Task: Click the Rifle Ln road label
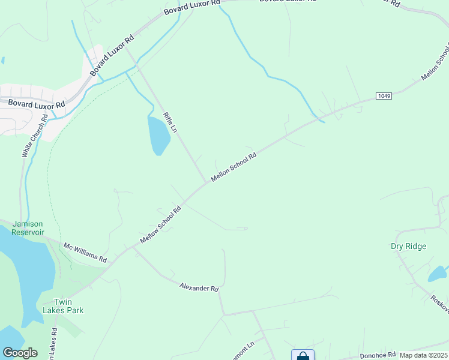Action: [170, 122]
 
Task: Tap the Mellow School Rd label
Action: [160, 225]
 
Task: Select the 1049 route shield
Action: [384, 96]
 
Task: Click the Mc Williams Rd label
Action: [85, 252]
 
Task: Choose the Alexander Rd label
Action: [199, 288]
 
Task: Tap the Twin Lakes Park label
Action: [63, 306]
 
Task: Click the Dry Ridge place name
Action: [408, 246]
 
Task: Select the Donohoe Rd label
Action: [377, 355]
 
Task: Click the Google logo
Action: [20, 353]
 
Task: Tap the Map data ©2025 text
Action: [424, 355]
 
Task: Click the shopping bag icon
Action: [303, 356]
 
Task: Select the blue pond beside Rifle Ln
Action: [158, 136]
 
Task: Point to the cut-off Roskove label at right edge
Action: [440, 302]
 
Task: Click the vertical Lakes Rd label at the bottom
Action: [53, 345]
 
